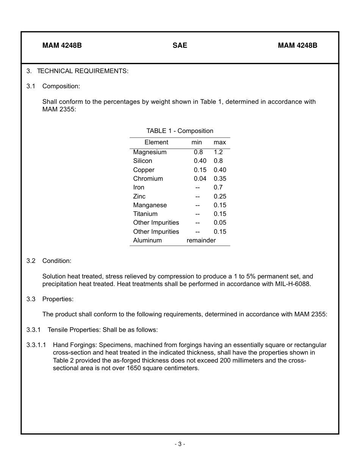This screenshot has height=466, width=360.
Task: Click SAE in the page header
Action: [180, 45]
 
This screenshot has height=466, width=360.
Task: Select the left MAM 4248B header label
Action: [62, 45]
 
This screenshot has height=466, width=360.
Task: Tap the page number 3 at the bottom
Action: [180, 444]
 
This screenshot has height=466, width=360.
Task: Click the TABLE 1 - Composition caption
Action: [180, 131]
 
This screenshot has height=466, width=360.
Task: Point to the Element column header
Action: [156, 142]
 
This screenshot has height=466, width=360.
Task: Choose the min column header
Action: [197, 142]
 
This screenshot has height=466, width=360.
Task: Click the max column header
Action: [219, 142]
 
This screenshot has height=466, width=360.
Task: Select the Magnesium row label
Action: [150, 152]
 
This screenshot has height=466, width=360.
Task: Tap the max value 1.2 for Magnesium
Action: [218, 152]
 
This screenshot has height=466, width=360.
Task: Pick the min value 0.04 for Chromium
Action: [200, 178]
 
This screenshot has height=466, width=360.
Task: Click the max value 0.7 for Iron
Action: [218, 187]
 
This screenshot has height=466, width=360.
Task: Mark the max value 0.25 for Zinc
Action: [220, 196]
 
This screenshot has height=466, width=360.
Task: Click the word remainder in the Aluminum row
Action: [201, 240]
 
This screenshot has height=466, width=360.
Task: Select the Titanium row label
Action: [145, 214]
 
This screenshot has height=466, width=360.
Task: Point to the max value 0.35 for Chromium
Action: [220, 178]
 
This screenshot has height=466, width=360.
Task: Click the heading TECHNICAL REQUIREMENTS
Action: [83, 71]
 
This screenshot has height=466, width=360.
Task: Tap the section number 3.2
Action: [31, 261]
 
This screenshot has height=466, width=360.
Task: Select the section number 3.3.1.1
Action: [36, 345]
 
